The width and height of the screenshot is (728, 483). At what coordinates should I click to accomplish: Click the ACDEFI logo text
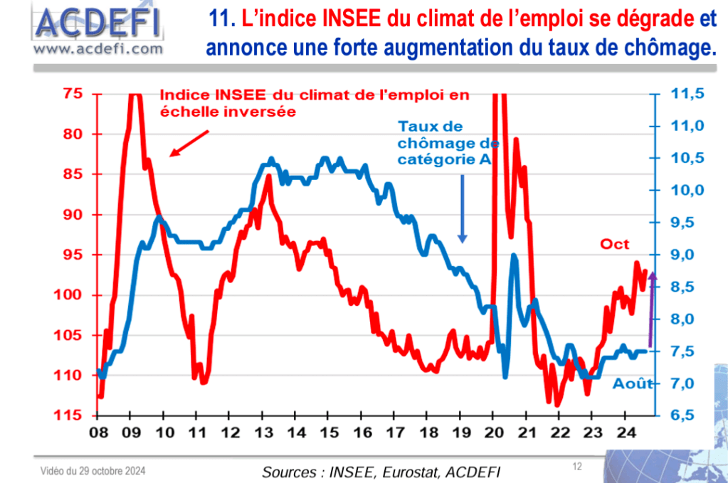97,23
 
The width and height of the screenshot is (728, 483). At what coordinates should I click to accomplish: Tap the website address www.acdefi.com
97,48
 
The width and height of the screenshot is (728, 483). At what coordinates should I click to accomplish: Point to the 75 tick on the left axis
73,94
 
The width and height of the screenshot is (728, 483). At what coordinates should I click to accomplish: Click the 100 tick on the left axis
69,295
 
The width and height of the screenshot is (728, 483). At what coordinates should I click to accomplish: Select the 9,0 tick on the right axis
688,255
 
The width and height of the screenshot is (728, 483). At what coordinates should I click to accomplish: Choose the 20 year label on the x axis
493,433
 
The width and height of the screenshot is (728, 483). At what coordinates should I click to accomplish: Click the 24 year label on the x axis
625,433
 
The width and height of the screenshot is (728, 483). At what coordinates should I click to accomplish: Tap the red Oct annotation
615,244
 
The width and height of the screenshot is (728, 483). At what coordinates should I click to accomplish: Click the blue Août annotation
633,383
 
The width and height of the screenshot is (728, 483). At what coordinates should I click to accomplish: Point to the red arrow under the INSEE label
189,142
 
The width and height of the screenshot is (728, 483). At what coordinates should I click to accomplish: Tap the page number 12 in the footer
577,467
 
